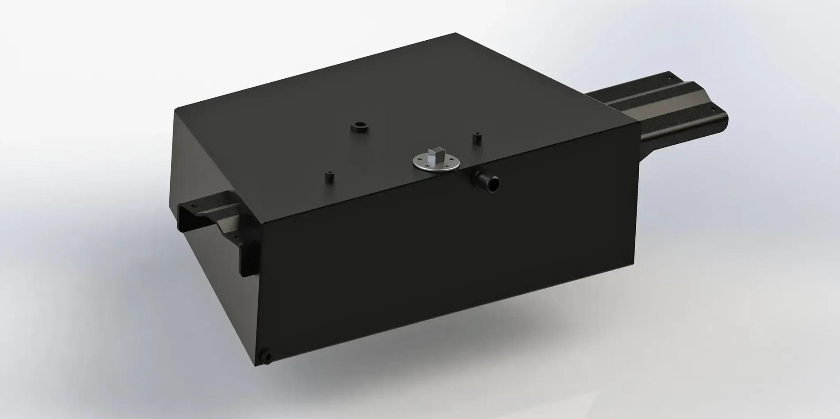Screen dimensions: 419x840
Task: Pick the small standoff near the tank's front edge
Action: (329, 178)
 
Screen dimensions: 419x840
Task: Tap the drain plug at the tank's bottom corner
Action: (267, 357)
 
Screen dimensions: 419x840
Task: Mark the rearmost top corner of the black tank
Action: (455, 33)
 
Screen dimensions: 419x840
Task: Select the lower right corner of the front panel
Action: (635, 274)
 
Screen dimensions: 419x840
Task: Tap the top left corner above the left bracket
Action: (176, 109)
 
